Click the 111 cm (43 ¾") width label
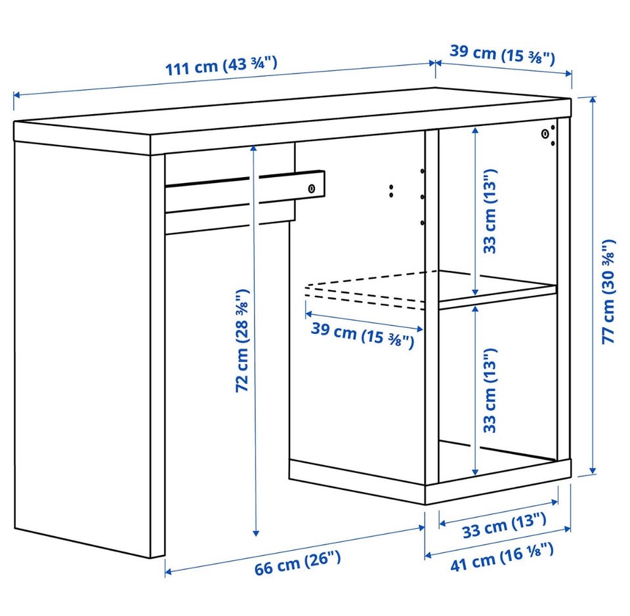221,66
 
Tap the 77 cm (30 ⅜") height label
608,291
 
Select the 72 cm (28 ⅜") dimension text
242,340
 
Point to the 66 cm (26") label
297,563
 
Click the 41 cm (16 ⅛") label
502,556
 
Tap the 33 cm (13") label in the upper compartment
490,211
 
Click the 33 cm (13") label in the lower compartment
490,391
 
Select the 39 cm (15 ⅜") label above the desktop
502,55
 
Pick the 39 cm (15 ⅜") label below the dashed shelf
362,335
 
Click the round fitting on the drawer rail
312,189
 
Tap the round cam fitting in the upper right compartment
545,134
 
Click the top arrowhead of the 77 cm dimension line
593,100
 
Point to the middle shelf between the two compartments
497,291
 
